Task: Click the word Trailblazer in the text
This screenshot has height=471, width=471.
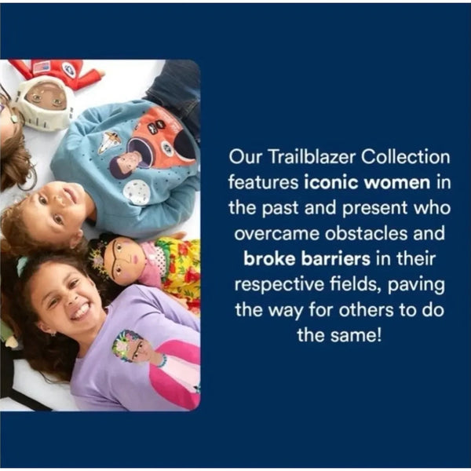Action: pyautogui.click(x=312, y=157)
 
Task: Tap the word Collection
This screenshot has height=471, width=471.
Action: pyautogui.click(x=406, y=157)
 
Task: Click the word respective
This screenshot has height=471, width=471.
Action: pyautogui.click(x=279, y=284)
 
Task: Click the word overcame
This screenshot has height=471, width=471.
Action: pyautogui.click(x=276, y=234)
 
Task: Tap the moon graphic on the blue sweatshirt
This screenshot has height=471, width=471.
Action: pyautogui.click(x=137, y=192)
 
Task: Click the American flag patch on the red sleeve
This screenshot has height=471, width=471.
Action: pyautogui.click(x=41, y=67)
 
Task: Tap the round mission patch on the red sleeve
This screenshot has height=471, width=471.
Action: pyautogui.click(x=68, y=69)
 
